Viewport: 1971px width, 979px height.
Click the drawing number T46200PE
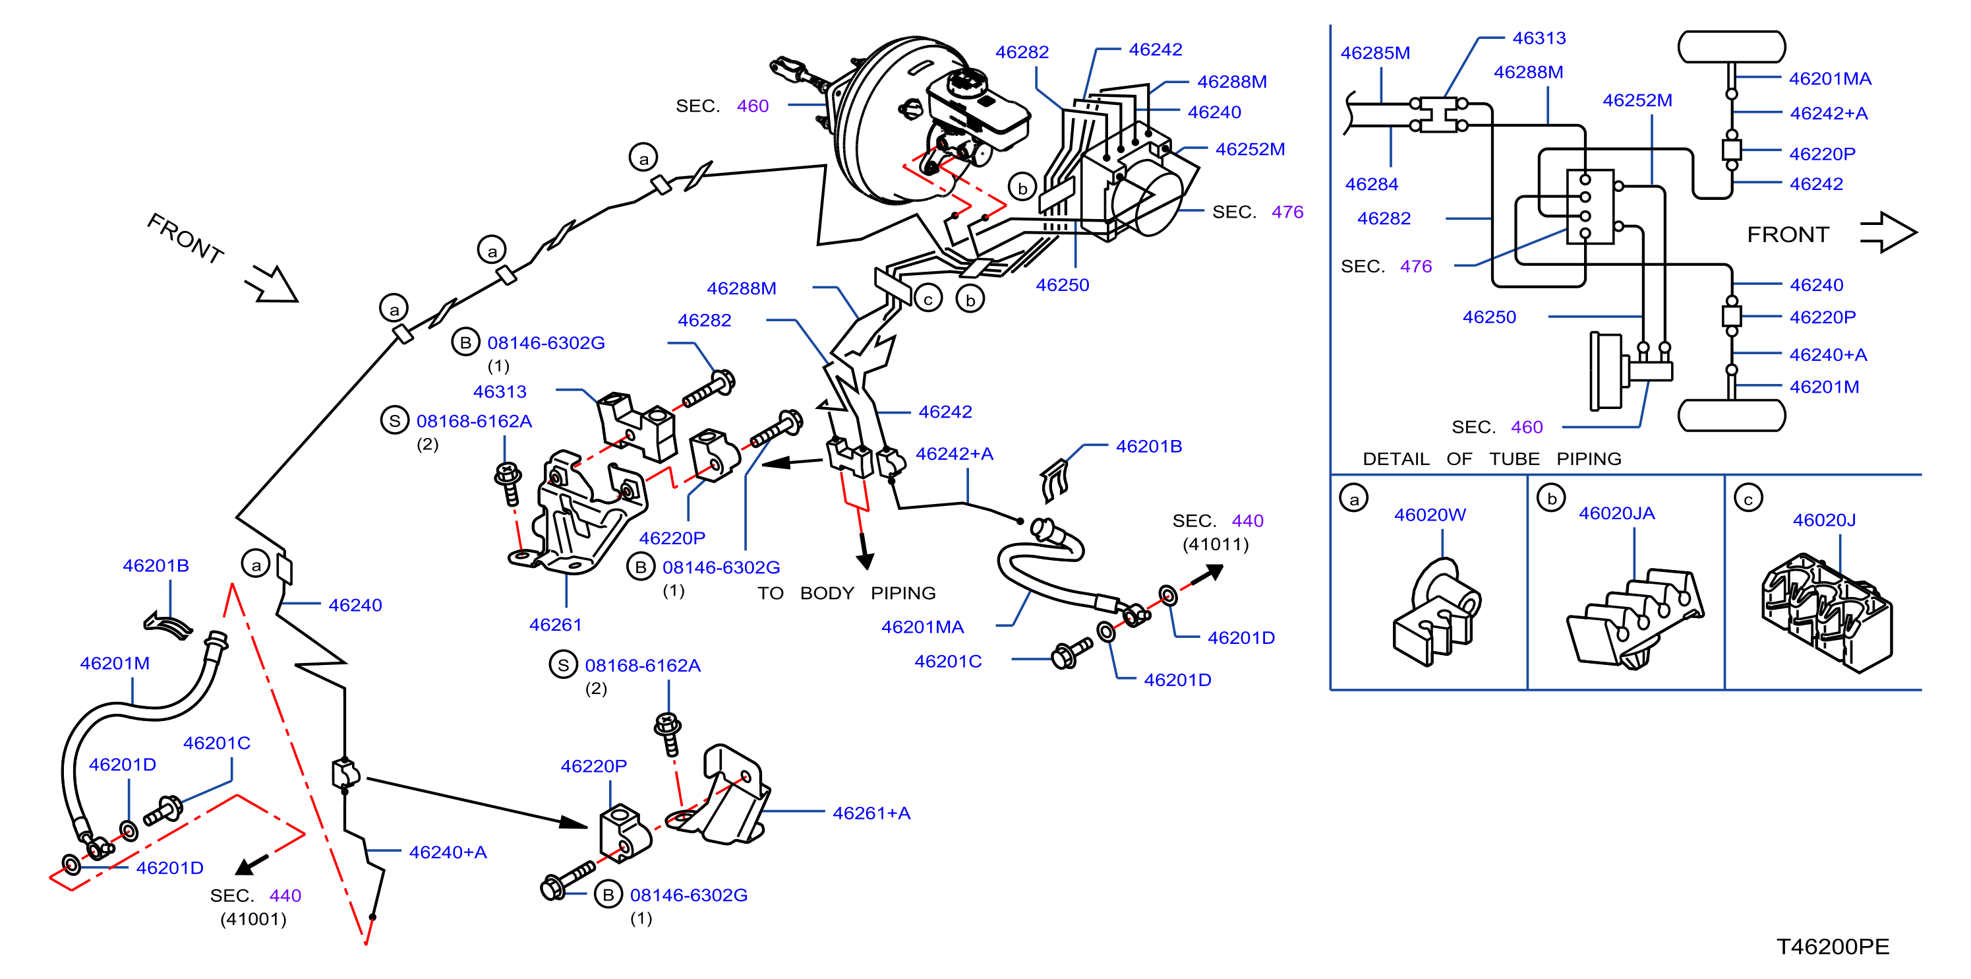point(1833,947)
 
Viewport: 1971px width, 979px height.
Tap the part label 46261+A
point(871,813)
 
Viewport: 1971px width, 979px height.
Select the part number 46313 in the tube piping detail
point(1539,38)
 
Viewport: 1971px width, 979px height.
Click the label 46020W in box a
point(1429,515)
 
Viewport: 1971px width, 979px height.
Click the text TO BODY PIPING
point(846,593)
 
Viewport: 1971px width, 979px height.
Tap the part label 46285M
point(1375,53)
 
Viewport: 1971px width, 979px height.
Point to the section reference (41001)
point(253,918)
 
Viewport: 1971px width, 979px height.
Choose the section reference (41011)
point(1215,544)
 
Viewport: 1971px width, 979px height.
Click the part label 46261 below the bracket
point(556,625)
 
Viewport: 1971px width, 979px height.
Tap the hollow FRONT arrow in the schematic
point(1889,232)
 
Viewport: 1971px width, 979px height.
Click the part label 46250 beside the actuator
point(1062,285)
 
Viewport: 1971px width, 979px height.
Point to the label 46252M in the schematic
point(1637,100)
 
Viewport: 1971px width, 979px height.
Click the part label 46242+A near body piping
point(954,454)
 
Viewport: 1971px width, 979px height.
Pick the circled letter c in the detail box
point(1748,498)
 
